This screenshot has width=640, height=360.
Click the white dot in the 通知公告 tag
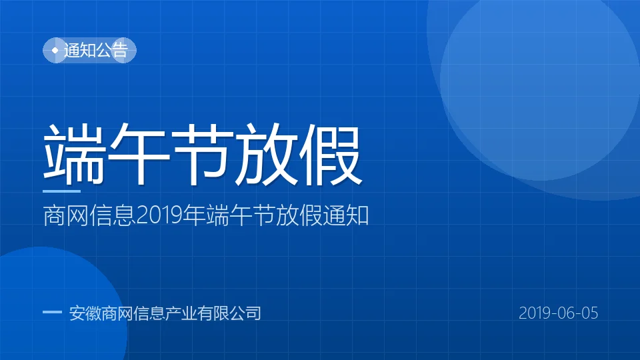pos(55,50)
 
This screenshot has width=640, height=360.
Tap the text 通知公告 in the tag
pos(96,50)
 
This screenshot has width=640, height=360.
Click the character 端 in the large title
pos(74,154)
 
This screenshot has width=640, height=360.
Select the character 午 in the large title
pos(139,154)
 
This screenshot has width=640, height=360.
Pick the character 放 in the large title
pos(267,154)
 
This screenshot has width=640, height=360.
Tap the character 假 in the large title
pos(331,154)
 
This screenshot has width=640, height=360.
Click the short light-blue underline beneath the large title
pos(61,191)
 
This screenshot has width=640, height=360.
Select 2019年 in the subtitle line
pos(171,215)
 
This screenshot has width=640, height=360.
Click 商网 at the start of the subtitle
pos(66,215)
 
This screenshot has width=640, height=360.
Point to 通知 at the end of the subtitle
pos(346,215)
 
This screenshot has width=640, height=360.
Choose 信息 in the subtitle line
pos(112,215)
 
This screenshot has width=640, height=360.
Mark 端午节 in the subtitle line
pos(241,215)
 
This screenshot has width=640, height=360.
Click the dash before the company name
pos(52,312)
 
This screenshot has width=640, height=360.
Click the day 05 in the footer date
pos(589,313)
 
